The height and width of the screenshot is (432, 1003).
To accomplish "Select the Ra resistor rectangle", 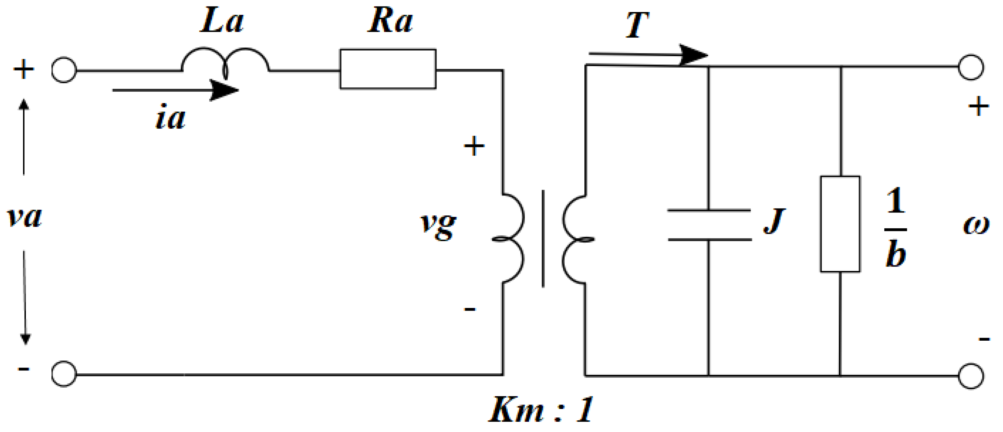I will [x=388, y=69].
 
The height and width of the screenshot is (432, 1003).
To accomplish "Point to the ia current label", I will [x=170, y=118].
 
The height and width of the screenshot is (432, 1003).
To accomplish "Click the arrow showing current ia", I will [x=175, y=90].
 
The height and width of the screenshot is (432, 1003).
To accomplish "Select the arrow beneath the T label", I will [x=648, y=54].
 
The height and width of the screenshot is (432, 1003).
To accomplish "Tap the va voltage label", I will [x=24, y=217].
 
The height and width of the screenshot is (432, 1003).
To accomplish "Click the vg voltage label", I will [x=438, y=226].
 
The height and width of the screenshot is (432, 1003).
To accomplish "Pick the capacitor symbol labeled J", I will [x=709, y=225].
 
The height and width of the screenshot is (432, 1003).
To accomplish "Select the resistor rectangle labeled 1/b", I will [x=840, y=224].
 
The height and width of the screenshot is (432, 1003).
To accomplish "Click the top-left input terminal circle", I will [x=64, y=70].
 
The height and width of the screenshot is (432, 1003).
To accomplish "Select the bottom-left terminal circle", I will [x=64, y=374].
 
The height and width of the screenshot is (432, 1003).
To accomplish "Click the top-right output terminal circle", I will [x=971, y=67].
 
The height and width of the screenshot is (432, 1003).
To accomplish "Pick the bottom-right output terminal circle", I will [x=971, y=376].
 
